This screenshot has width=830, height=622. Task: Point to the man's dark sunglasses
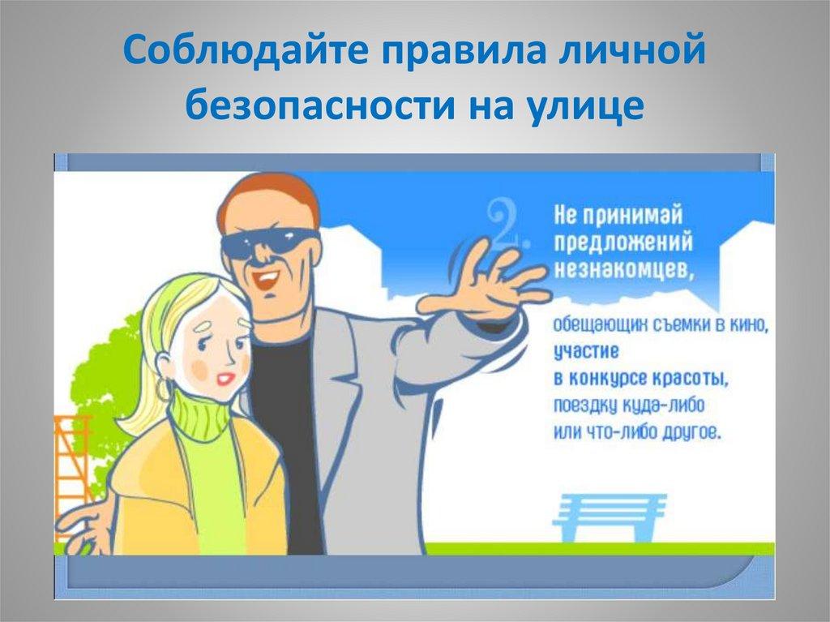point(269,241)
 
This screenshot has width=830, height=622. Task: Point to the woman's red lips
point(226,379)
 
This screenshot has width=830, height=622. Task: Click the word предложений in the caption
point(623,243)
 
